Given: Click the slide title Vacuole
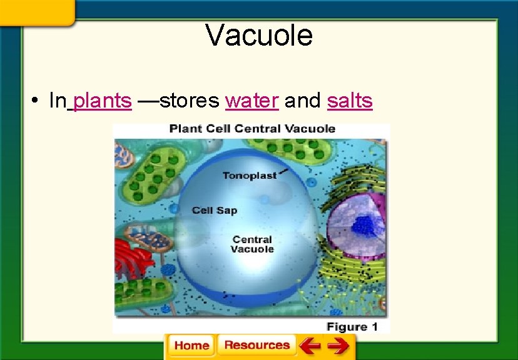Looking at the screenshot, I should (259, 35).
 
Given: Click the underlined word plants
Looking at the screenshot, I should (102, 101).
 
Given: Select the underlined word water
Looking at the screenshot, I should (251, 101).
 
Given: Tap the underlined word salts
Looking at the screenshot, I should (350, 101).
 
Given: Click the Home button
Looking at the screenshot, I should (191, 346).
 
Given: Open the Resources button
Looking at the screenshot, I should (256, 346).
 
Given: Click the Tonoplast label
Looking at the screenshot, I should (249, 176).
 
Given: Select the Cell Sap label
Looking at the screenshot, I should (215, 211).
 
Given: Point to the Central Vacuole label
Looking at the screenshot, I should (253, 244).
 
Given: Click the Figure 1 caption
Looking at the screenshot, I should (352, 326).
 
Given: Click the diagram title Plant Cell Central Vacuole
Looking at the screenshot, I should (252, 129).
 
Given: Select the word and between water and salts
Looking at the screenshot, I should (303, 101).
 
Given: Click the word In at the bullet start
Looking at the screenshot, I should (58, 101).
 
